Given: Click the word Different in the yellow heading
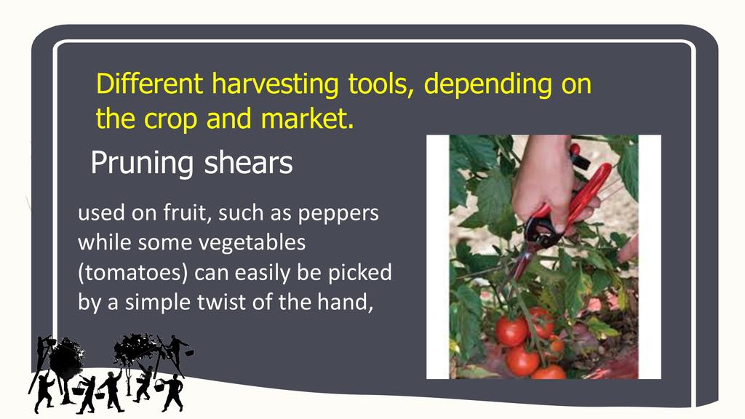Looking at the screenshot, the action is coord(150,84).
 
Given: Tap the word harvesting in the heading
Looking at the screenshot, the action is coord(275,84).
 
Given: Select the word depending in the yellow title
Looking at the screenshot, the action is coord(487,84).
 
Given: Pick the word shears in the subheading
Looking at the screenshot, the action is coord(248,163).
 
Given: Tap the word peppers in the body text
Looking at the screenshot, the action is coord(338,214).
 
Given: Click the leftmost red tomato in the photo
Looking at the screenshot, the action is coord(511,331).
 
